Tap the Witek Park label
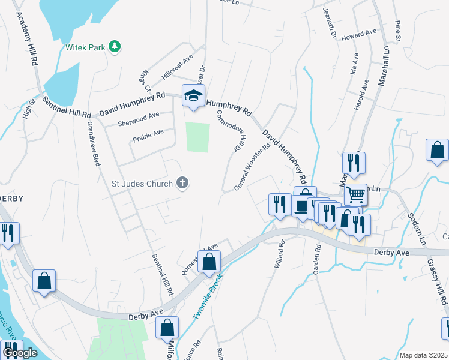pyautogui.click(x=85, y=46)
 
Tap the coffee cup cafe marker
pyautogui.click(x=300, y=205)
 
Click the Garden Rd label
pyautogui.click(x=315, y=257)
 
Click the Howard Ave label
pyautogui.click(x=358, y=37)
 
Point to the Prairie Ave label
pyautogui.click(x=148, y=136)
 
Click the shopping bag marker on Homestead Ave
pyautogui.click(x=209, y=262)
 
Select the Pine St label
pyautogui.click(x=397, y=31)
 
